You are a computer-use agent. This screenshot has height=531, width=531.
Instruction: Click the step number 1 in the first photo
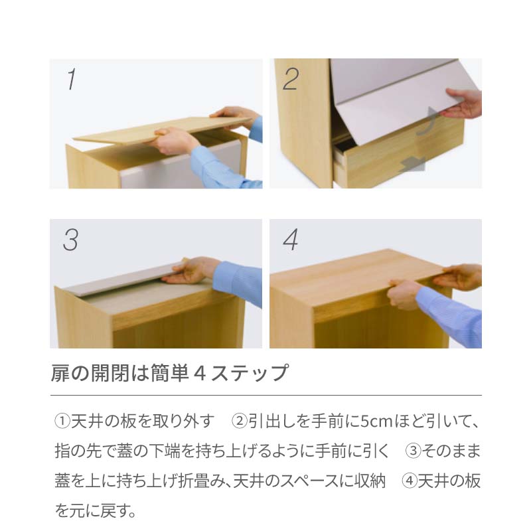click(72, 79)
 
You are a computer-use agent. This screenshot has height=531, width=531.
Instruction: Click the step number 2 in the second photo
click(291, 79)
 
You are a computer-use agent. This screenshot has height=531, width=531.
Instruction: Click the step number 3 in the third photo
click(70, 240)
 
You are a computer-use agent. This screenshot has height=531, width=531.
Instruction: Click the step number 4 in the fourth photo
click(290, 240)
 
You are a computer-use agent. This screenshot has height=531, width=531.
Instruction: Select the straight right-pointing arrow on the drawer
click(412, 165)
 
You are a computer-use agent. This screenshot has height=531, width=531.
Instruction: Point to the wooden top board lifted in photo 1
click(163, 129)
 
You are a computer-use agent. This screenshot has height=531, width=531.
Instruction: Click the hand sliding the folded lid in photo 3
click(191, 270)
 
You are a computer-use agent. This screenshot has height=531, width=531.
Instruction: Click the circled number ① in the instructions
click(62, 421)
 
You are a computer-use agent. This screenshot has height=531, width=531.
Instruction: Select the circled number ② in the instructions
click(240, 421)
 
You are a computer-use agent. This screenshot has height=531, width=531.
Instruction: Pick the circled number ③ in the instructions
click(413, 451)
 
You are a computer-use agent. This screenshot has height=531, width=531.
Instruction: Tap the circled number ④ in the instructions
click(410, 481)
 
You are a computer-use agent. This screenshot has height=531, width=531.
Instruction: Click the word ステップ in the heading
click(250, 373)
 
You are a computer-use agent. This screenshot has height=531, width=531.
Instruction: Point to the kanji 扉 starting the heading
click(60, 373)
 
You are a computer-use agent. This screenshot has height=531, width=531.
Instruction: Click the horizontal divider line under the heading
click(266, 395)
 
